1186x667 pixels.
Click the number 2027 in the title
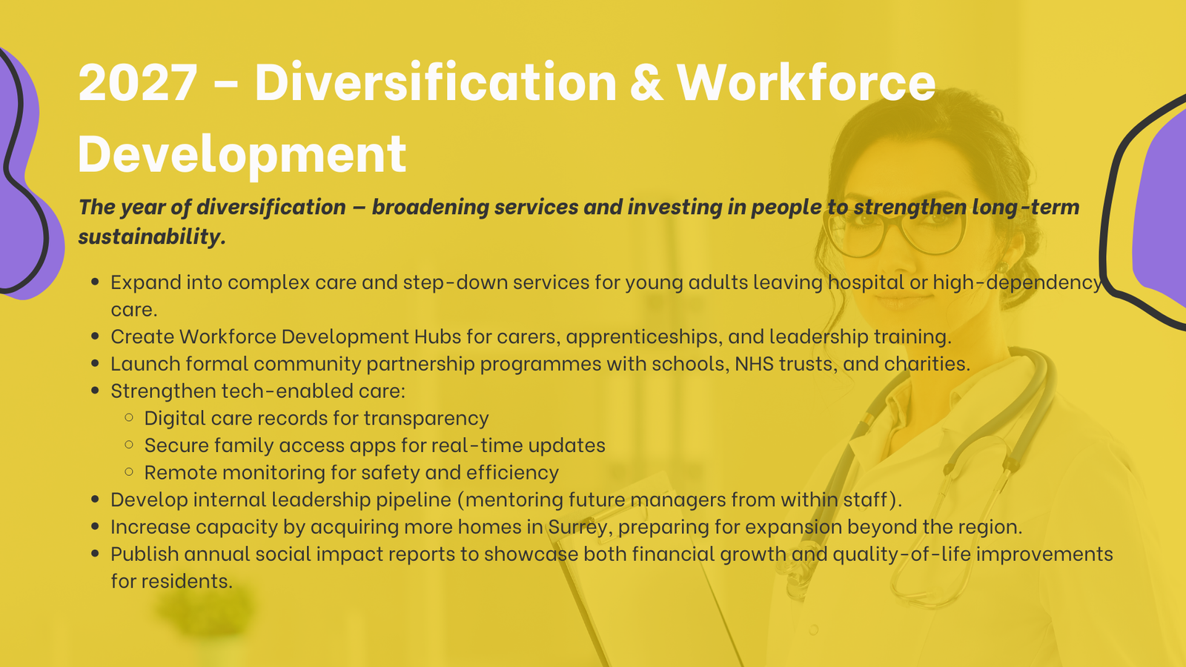click(138, 82)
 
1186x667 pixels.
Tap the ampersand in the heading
click(646, 82)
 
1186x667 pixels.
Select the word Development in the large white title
click(242, 154)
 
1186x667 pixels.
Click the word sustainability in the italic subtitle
click(152, 236)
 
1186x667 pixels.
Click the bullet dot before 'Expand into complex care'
click(96, 282)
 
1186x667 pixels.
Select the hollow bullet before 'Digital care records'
click(129, 418)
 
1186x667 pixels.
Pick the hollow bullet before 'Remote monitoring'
click(129, 471)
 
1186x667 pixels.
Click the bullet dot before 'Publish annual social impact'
click(96, 554)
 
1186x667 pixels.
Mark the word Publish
click(145, 554)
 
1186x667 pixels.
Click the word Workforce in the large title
click(806, 82)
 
